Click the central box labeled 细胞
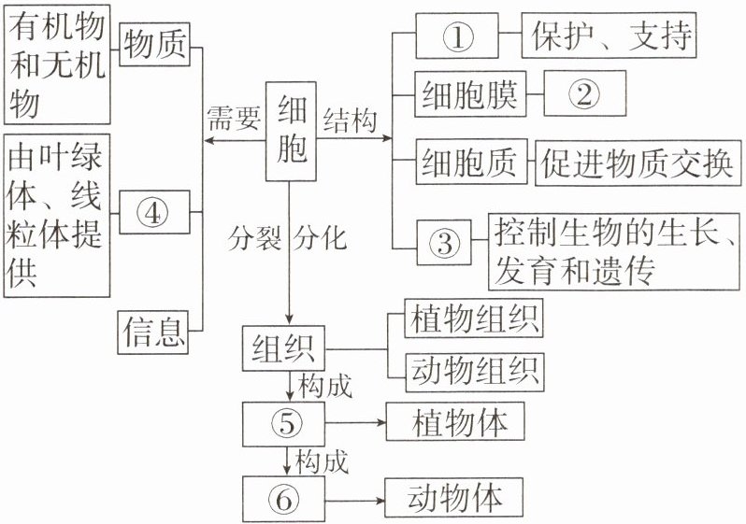pyautogui.click(x=293, y=133)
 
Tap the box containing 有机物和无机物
pyautogui.click(x=55, y=63)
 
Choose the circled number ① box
pyautogui.click(x=457, y=37)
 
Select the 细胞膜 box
pyautogui.click(x=469, y=95)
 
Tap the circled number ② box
pyautogui.click(x=581, y=95)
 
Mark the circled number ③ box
pyautogui.click(x=445, y=245)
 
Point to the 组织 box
pyautogui.click(x=283, y=349)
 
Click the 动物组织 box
pyautogui.click(x=473, y=372)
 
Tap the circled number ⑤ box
pyautogui.click(x=286, y=424)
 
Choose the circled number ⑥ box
pyautogui.click(x=286, y=499)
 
